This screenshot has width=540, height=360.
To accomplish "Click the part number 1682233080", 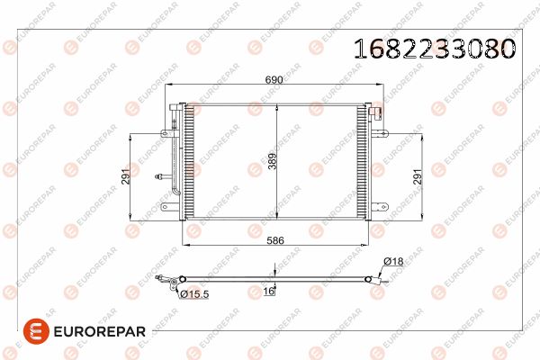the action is tap(435, 48).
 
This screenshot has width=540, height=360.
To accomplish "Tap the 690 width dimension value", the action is tap(274, 79).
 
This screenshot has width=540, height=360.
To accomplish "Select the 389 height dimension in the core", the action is tap(273, 161).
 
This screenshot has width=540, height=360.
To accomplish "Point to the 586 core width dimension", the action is tap(275, 240).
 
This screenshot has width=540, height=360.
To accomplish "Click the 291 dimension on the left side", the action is tap(126, 176).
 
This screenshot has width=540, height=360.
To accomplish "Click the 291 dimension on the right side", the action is tap(417, 176).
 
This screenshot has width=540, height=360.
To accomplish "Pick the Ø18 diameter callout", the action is tap(393, 261).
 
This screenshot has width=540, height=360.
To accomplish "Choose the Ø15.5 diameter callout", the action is tap(194, 294).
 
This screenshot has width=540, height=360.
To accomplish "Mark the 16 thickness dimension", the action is tap(268, 291).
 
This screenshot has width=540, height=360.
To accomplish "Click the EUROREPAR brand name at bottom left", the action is tap(100, 331).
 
